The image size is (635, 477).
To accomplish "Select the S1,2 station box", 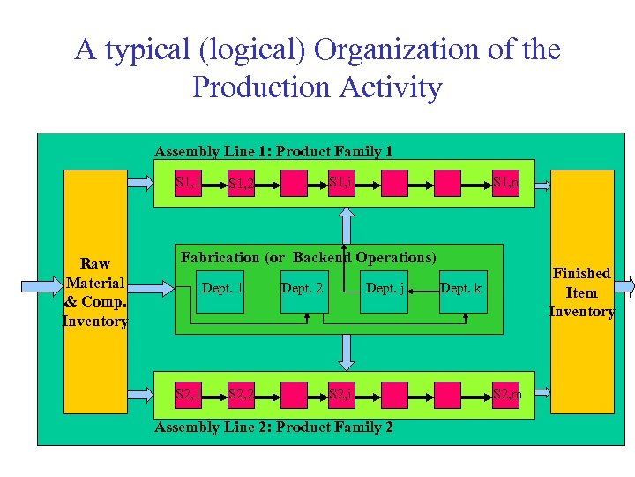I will pos(241,184).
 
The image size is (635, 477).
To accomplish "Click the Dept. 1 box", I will pos(223,290).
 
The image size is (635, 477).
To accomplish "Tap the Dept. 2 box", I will pos(303,290).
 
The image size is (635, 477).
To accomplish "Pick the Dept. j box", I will pos(385,290).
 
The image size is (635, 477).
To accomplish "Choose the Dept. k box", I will pos(461,290).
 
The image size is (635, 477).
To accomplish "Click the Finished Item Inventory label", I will pos(581,292).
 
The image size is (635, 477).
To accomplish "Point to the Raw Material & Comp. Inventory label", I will pos(95,292).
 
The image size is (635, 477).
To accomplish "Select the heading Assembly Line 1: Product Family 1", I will pos(273,151).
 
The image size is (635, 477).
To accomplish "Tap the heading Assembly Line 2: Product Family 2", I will pos(273,428).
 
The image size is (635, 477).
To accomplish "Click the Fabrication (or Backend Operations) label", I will pos(309,257).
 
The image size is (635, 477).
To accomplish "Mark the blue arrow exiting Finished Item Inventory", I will pos(624,285).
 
